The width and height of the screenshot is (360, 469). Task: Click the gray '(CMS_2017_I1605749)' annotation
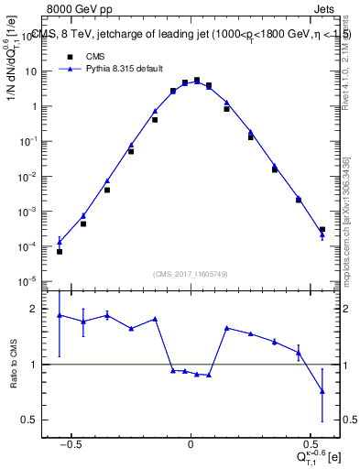(x=191, y=274)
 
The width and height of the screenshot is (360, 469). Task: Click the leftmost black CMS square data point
(x=60, y=251)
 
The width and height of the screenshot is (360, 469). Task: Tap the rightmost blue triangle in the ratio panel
(x=322, y=391)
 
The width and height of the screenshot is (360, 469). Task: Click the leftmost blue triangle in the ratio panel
(x=60, y=315)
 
